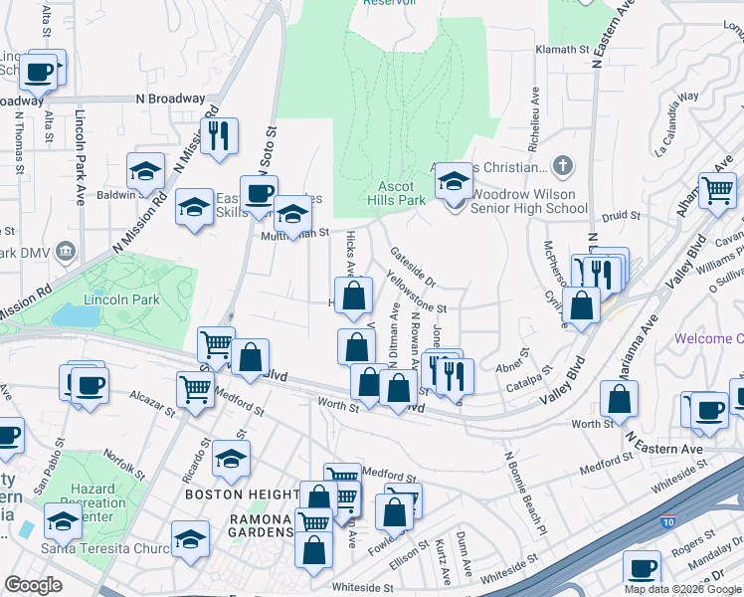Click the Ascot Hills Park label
click(x=402, y=193)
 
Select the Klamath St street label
click(x=563, y=49)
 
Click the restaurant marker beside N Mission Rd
click(x=220, y=134)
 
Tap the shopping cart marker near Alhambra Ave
click(x=716, y=189)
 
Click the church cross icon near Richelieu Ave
click(x=563, y=164)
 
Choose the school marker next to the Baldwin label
click(x=146, y=170)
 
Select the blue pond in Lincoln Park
click(x=70, y=314)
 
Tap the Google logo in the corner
click(x=34, y=585)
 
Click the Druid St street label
click(x=619, y=214)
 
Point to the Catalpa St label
click(x=528, y=382)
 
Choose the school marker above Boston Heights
click(x=231, y=459)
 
